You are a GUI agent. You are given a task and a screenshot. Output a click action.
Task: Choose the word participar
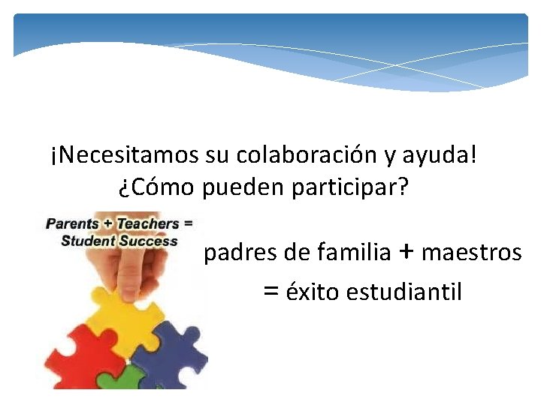coord(354,187)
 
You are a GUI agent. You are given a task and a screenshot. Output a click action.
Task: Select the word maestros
coord(471,253)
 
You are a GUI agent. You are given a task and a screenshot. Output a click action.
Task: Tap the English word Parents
coord(72,223)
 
